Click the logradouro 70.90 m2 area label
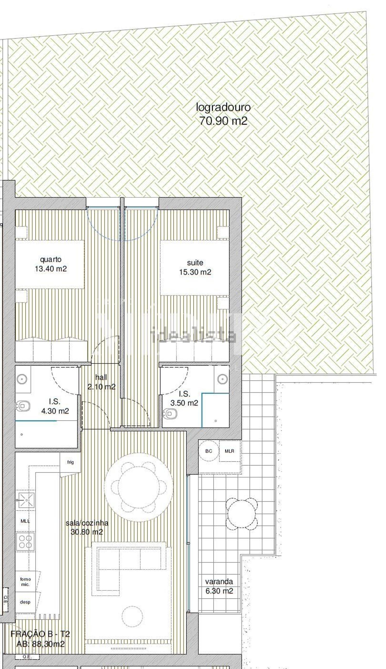pyautogui.click(x=223, y=114)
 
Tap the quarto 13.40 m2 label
pyautogui.click(x=51, y=264)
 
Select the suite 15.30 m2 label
pyautogui.click(x=195, y=267)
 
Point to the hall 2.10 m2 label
pyautogui.click(x=101, y=382)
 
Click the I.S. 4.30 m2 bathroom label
pyautogui.click(x=55, y=406)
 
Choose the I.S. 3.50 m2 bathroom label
pyautogui.click(x=184, y=398)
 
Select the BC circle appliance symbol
pyautogui.click(x=209, y=451)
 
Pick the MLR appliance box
pyautogui.click(x=230, y=451)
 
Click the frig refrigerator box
pyautogui.click(x=70, y=463)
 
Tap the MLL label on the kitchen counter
pyautogui.click(x=25, y=521)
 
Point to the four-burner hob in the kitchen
pyautogui.click(x=25, y=542)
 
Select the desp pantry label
pyautogui.click(x=25, y=602)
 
